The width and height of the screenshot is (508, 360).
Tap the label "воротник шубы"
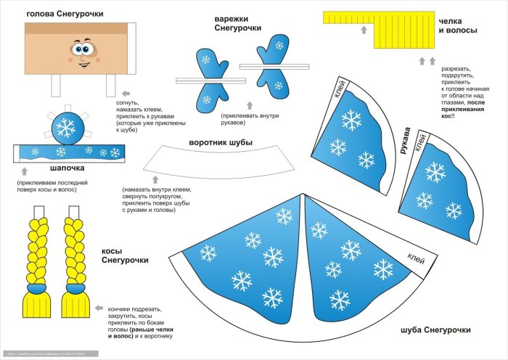[x=221, y=142]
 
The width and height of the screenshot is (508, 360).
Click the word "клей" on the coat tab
[x=417, y=256]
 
